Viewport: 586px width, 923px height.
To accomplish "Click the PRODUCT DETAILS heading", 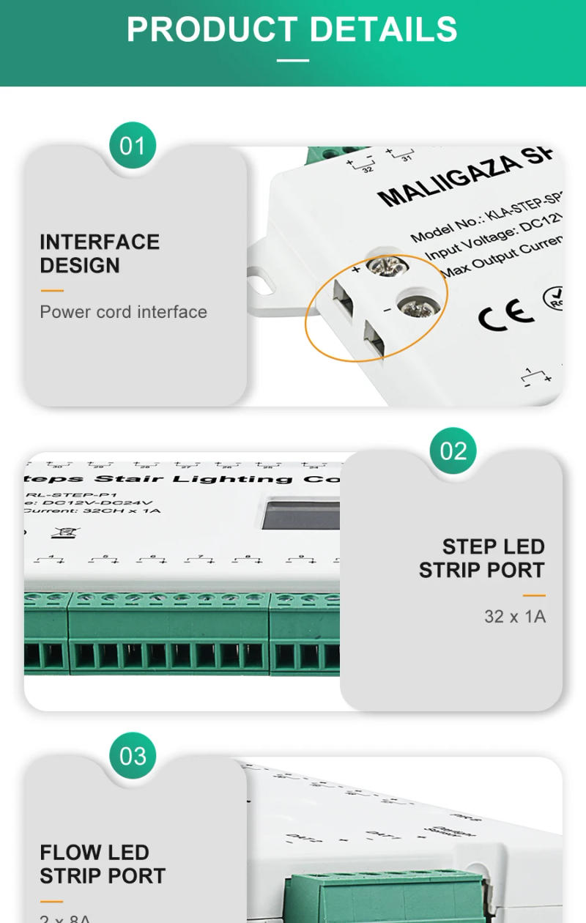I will pos(292,29).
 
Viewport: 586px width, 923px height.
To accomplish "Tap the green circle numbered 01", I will pos(133,146).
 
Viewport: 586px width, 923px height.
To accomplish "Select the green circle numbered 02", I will pos(453,451).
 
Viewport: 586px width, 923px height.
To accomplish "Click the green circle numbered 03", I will pos(133,755).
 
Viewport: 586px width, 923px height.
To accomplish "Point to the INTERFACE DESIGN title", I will pos(100,253).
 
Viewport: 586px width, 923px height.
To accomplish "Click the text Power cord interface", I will pos(123,312).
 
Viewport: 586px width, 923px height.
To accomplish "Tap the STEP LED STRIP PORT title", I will pos(481,558).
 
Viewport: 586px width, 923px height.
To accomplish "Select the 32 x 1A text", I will pos(514,617).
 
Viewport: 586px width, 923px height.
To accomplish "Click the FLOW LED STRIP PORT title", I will pos(103,864).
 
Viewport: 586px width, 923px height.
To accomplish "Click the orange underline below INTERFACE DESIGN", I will pos(51,291).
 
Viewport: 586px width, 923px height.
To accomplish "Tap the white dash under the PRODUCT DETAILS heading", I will pos(292,60).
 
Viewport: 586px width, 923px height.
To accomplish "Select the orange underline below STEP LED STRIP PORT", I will pos(534,596).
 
